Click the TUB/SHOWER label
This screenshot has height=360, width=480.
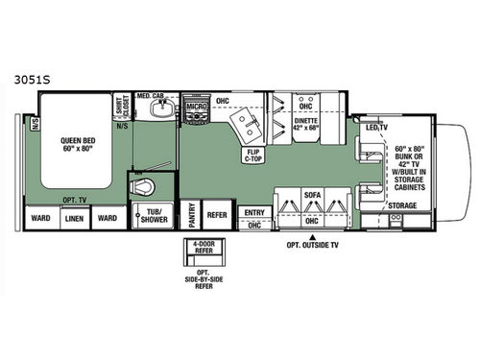point(156,215)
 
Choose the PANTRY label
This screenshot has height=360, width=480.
point(191,215)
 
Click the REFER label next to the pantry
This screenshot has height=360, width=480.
point(217,215)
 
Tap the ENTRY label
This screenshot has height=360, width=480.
point(253,213)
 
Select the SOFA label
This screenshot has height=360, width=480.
point(312,194)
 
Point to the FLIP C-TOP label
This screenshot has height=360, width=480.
point(254,156)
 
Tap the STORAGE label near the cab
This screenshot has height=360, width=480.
point(402,205)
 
